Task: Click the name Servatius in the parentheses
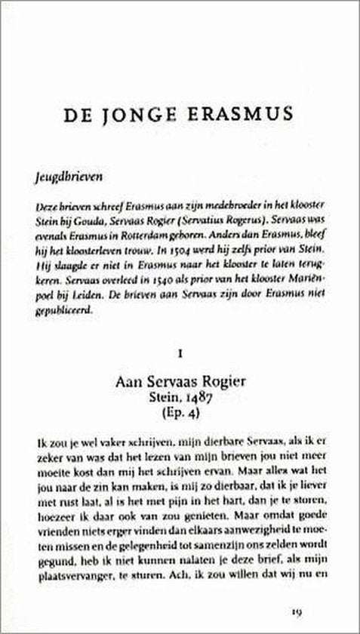(206, 220)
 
